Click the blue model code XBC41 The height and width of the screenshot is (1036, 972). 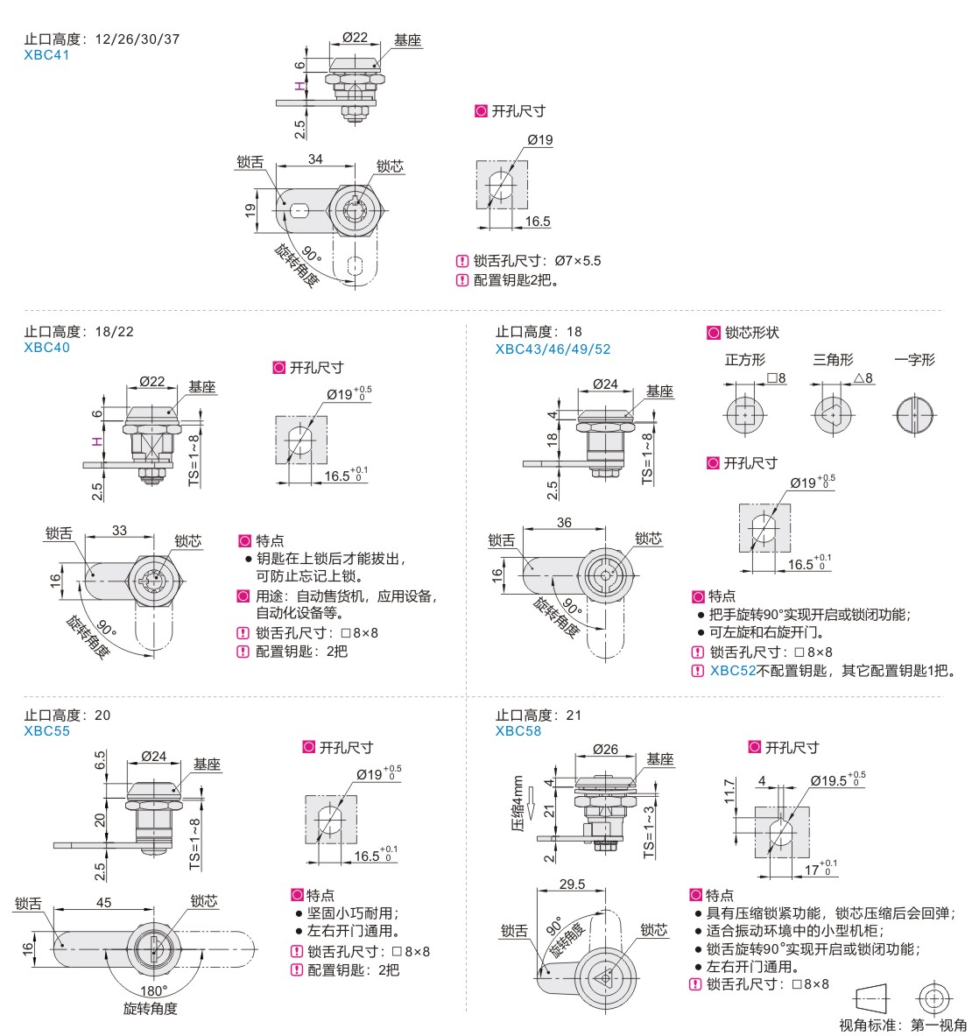46,55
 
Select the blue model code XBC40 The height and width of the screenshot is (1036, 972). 46,348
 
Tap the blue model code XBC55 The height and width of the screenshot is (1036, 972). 46,731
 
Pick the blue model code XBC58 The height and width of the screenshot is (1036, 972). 518,731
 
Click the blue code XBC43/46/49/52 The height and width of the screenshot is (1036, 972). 553,349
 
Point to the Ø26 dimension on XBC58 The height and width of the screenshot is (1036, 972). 604,750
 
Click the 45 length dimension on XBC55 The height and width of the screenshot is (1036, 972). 103,902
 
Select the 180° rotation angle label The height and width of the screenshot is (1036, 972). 153,991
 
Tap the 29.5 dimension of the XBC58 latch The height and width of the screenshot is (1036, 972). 572,884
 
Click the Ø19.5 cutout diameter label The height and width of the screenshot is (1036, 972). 836,779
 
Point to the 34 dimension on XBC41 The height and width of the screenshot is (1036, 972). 315,159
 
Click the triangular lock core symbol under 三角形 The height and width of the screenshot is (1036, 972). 833,413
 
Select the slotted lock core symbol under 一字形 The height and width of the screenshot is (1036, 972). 915,413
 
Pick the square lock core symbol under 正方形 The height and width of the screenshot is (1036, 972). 744,413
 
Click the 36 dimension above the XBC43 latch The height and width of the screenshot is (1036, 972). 563,523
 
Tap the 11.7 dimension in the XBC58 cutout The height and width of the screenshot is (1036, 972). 729,792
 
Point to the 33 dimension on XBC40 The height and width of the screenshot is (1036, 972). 119,531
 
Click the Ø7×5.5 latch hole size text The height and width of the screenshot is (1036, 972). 577,261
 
